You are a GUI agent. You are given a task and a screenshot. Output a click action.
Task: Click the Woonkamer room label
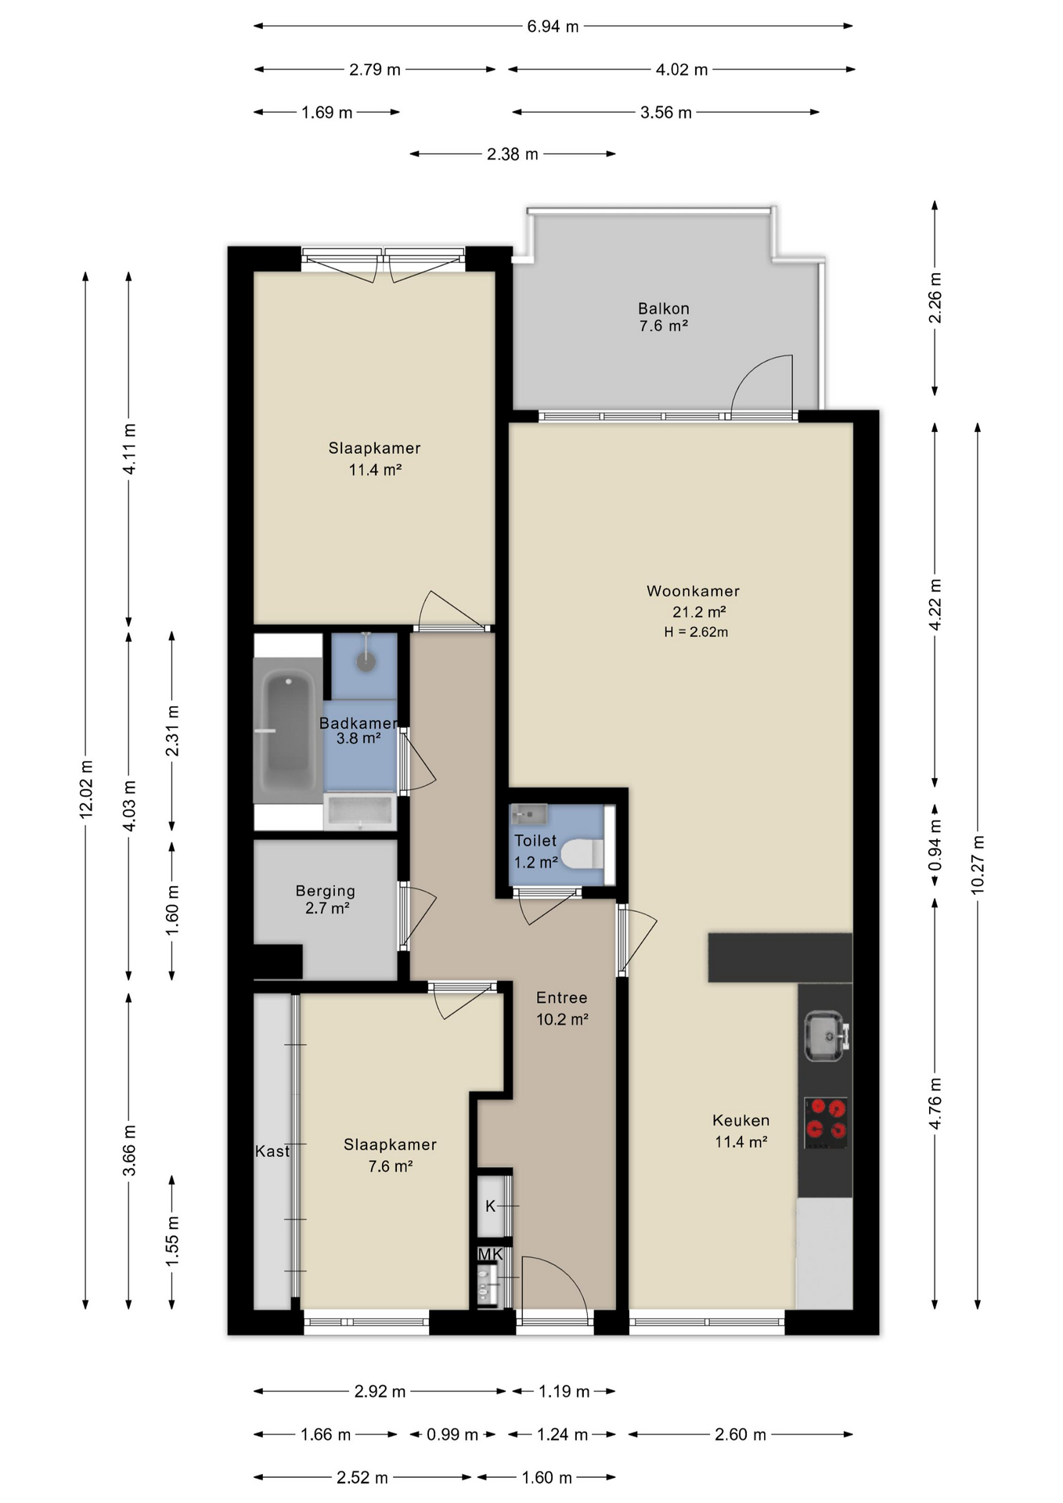pos(693,591)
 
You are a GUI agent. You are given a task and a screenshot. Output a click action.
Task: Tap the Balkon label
pos(663,308)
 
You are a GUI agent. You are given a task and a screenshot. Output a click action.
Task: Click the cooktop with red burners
pos(826,1123)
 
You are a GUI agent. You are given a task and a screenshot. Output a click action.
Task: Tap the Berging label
pos(325,891)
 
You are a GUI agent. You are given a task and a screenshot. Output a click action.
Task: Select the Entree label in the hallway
pos(561,997)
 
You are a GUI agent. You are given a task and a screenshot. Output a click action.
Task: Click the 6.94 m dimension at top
pos(553,27)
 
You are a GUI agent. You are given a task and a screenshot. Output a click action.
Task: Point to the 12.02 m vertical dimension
pos(85,789)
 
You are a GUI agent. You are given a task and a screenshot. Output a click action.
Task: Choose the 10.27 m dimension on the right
pos(977,865)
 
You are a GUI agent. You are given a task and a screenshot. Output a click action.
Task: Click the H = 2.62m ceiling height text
pos(696,633)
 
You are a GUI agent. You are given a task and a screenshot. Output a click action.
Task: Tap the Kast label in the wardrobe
pos(272,1152)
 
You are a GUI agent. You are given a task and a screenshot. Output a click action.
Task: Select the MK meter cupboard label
pos(490,1254)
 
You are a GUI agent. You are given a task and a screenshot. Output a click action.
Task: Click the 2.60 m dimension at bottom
pos(740,1434)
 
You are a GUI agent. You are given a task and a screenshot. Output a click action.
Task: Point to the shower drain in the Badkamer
pos(366,661)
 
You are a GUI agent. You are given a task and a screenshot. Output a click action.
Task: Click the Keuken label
pos(740,1120)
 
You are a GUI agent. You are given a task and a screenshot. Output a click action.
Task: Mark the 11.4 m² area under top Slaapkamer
pos(375,470)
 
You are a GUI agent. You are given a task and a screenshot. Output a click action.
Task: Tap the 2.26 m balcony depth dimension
pos(934,298)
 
